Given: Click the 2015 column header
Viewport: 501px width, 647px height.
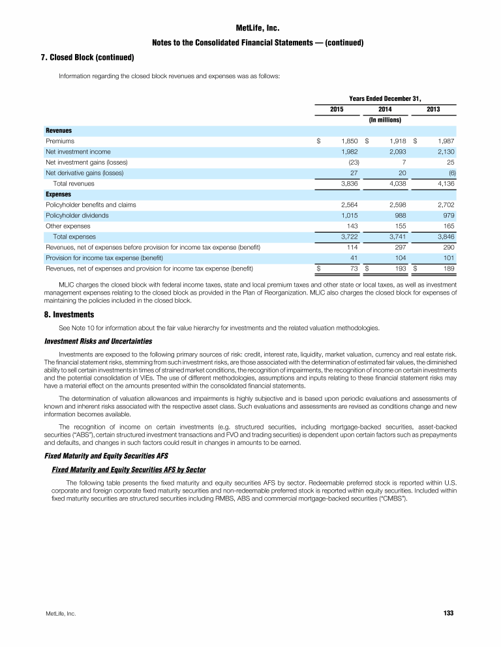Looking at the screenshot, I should point(338,109).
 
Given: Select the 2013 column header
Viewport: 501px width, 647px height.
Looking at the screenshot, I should point(433,109).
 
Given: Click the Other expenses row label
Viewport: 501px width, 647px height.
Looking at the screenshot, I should point(68,225).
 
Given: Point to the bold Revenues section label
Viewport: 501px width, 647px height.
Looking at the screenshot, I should point(59,130).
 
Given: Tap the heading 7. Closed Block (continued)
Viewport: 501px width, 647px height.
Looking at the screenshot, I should point(87,57).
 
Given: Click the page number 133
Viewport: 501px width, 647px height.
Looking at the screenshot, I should point(448,613).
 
